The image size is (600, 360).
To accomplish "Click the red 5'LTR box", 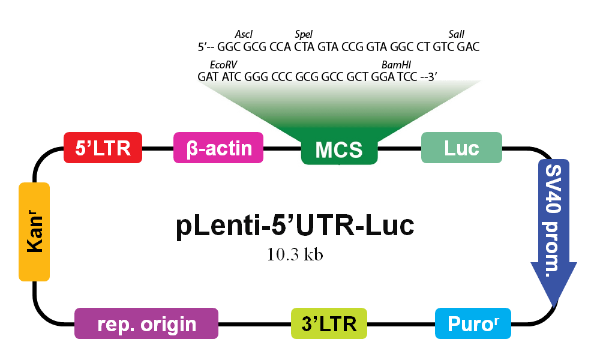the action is [103, 148].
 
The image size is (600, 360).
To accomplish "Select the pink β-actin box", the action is [218, 148].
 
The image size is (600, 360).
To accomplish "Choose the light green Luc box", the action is [461, 148].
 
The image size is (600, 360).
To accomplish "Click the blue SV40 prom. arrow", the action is [554, 230].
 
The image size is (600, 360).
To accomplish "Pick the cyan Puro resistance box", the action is [473, 323].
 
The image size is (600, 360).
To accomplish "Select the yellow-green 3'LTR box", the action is [329, 323].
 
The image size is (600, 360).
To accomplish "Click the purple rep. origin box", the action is [146, 323].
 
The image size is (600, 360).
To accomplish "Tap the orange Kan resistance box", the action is [34, 232].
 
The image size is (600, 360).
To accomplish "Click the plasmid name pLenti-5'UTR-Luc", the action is [295, 226].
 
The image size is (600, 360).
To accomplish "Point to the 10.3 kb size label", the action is [295, 254].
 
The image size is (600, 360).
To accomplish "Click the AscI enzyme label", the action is [244, 34].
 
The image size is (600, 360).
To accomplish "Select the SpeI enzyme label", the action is [304, 34].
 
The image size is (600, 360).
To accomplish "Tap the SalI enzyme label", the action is [457, 34].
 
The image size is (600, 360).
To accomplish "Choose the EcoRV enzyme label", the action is [223, 65].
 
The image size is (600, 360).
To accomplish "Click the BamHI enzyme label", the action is [397, 65].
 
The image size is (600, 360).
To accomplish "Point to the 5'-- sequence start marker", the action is [206, 47].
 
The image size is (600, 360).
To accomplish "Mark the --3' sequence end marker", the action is [428, 77].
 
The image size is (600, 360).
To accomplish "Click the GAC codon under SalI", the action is [469, 47].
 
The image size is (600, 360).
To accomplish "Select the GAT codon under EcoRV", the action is [208, 77].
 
